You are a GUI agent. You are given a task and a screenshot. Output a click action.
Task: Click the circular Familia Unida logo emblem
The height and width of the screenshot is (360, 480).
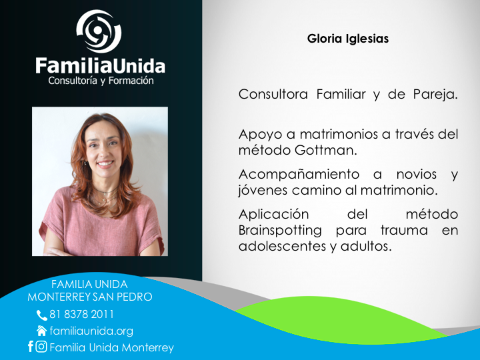99,31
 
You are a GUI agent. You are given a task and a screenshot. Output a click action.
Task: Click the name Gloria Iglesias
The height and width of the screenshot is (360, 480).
348,39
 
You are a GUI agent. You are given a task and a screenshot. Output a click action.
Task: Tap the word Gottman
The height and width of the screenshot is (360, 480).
326,150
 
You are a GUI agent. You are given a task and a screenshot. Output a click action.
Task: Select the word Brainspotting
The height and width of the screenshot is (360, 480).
280,230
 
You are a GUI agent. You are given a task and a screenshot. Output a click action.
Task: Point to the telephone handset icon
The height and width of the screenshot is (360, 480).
41,315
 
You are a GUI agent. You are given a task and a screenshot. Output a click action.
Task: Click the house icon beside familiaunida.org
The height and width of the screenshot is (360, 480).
41,331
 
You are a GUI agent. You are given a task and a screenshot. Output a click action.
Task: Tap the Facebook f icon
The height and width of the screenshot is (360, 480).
30,346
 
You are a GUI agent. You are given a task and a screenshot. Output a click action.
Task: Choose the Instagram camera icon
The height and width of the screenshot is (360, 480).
41,347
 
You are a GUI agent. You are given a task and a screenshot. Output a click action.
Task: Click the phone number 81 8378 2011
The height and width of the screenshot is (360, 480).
81,315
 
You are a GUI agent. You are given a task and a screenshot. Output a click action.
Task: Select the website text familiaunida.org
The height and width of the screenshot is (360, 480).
91,331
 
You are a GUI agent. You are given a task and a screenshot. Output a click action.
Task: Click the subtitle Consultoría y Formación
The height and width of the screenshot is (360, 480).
101,81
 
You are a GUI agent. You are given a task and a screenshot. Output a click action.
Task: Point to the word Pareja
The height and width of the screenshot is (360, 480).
435,94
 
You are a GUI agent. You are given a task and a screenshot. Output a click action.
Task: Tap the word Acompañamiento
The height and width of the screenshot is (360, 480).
299,175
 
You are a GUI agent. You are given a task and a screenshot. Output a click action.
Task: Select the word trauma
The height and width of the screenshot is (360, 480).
404,230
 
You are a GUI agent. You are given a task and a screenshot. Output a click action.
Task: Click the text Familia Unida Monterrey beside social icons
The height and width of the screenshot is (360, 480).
111,347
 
